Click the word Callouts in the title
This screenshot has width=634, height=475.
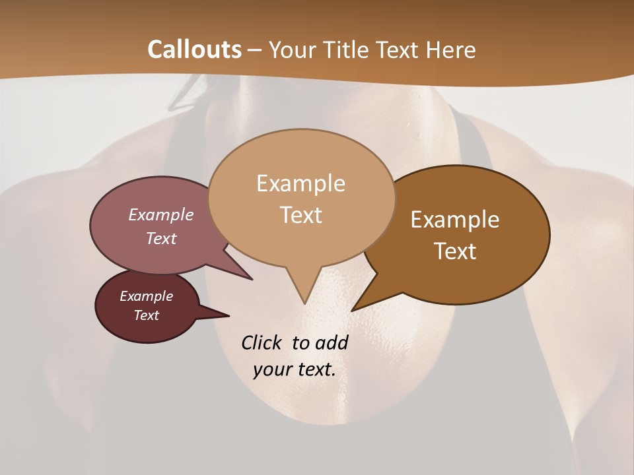point(194,49)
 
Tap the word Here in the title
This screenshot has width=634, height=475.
point(450,49)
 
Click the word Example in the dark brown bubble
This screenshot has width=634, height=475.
point(455,220)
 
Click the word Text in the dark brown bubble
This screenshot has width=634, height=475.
point(455,251)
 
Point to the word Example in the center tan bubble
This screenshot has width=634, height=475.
point(300,183)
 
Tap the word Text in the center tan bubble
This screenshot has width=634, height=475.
point(300,215)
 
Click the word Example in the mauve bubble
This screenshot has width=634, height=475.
point(161,215)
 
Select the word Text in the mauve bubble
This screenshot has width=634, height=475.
point(161,239)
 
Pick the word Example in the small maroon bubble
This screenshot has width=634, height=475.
point(146,296)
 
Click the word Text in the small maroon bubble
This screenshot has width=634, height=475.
point(146,315)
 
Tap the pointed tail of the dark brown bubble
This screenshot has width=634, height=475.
point(355,309)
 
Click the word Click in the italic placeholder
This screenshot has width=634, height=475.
point(263,343)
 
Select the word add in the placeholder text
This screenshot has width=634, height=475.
point(331,343)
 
